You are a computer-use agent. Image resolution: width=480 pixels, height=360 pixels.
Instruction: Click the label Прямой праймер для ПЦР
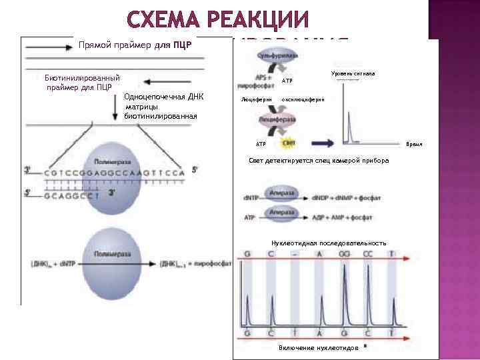[135, 47]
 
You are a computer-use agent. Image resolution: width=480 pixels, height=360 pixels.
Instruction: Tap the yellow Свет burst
[289, 143]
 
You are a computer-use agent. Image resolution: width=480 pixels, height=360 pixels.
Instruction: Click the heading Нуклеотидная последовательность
[329, 243]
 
